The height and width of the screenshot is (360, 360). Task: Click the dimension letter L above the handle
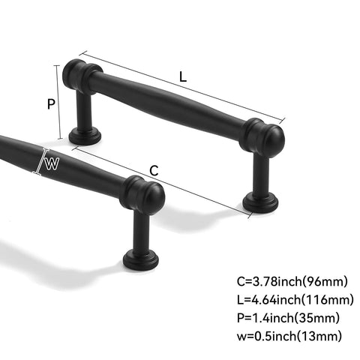pos(184,76)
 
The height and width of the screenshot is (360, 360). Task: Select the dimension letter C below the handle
pos(154,170)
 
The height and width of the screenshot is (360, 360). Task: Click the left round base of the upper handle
pos(85,135)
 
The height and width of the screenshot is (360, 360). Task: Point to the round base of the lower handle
pos(141,260)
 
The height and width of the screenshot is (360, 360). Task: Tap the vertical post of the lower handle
pos(141,232)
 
